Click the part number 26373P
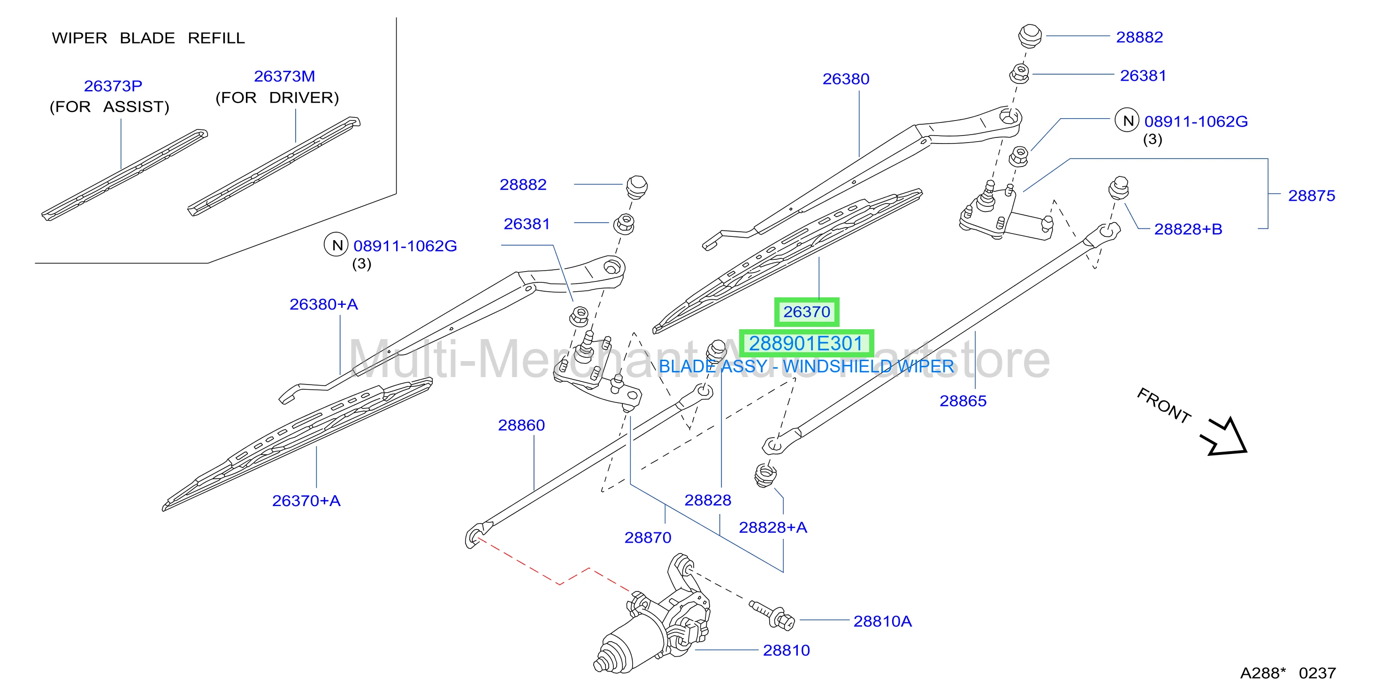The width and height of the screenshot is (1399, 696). pos(113,86)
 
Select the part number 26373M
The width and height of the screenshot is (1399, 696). pos(284,76)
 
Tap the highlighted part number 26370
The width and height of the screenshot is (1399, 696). pos(806,311)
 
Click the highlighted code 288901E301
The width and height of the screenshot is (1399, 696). pos(806,343)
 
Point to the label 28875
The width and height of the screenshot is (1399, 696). pos(1312,196)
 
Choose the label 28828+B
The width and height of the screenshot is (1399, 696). pos(1188,229)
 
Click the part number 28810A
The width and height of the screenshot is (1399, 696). pos(882,621)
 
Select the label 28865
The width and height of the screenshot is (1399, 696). pos(963,401)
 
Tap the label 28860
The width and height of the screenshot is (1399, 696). pos(521,425)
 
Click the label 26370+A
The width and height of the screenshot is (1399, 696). pos(306,500)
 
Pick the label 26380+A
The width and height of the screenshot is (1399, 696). pos(324,304)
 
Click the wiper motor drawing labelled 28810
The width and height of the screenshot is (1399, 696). pos(652,619)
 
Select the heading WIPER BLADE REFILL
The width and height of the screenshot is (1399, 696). pos(148,38)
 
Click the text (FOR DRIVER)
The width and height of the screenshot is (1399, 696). pos(277,98)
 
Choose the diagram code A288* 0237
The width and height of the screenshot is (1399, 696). pos(1288,673)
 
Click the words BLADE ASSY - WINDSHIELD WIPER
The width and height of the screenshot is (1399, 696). pos(806,366)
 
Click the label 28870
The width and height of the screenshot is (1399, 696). pos(648,537)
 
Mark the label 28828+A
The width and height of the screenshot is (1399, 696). pos(773,527)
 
